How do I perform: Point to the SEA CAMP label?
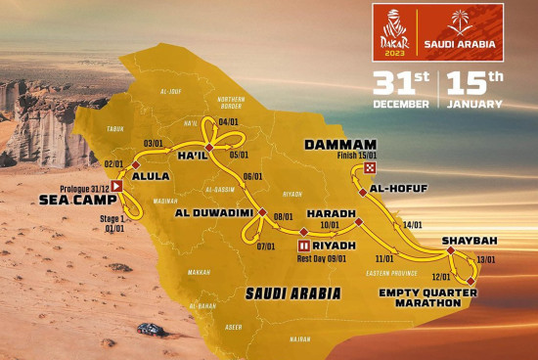[72, 199]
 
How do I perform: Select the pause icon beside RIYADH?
[304, 245]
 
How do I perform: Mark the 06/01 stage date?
[253, 176]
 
